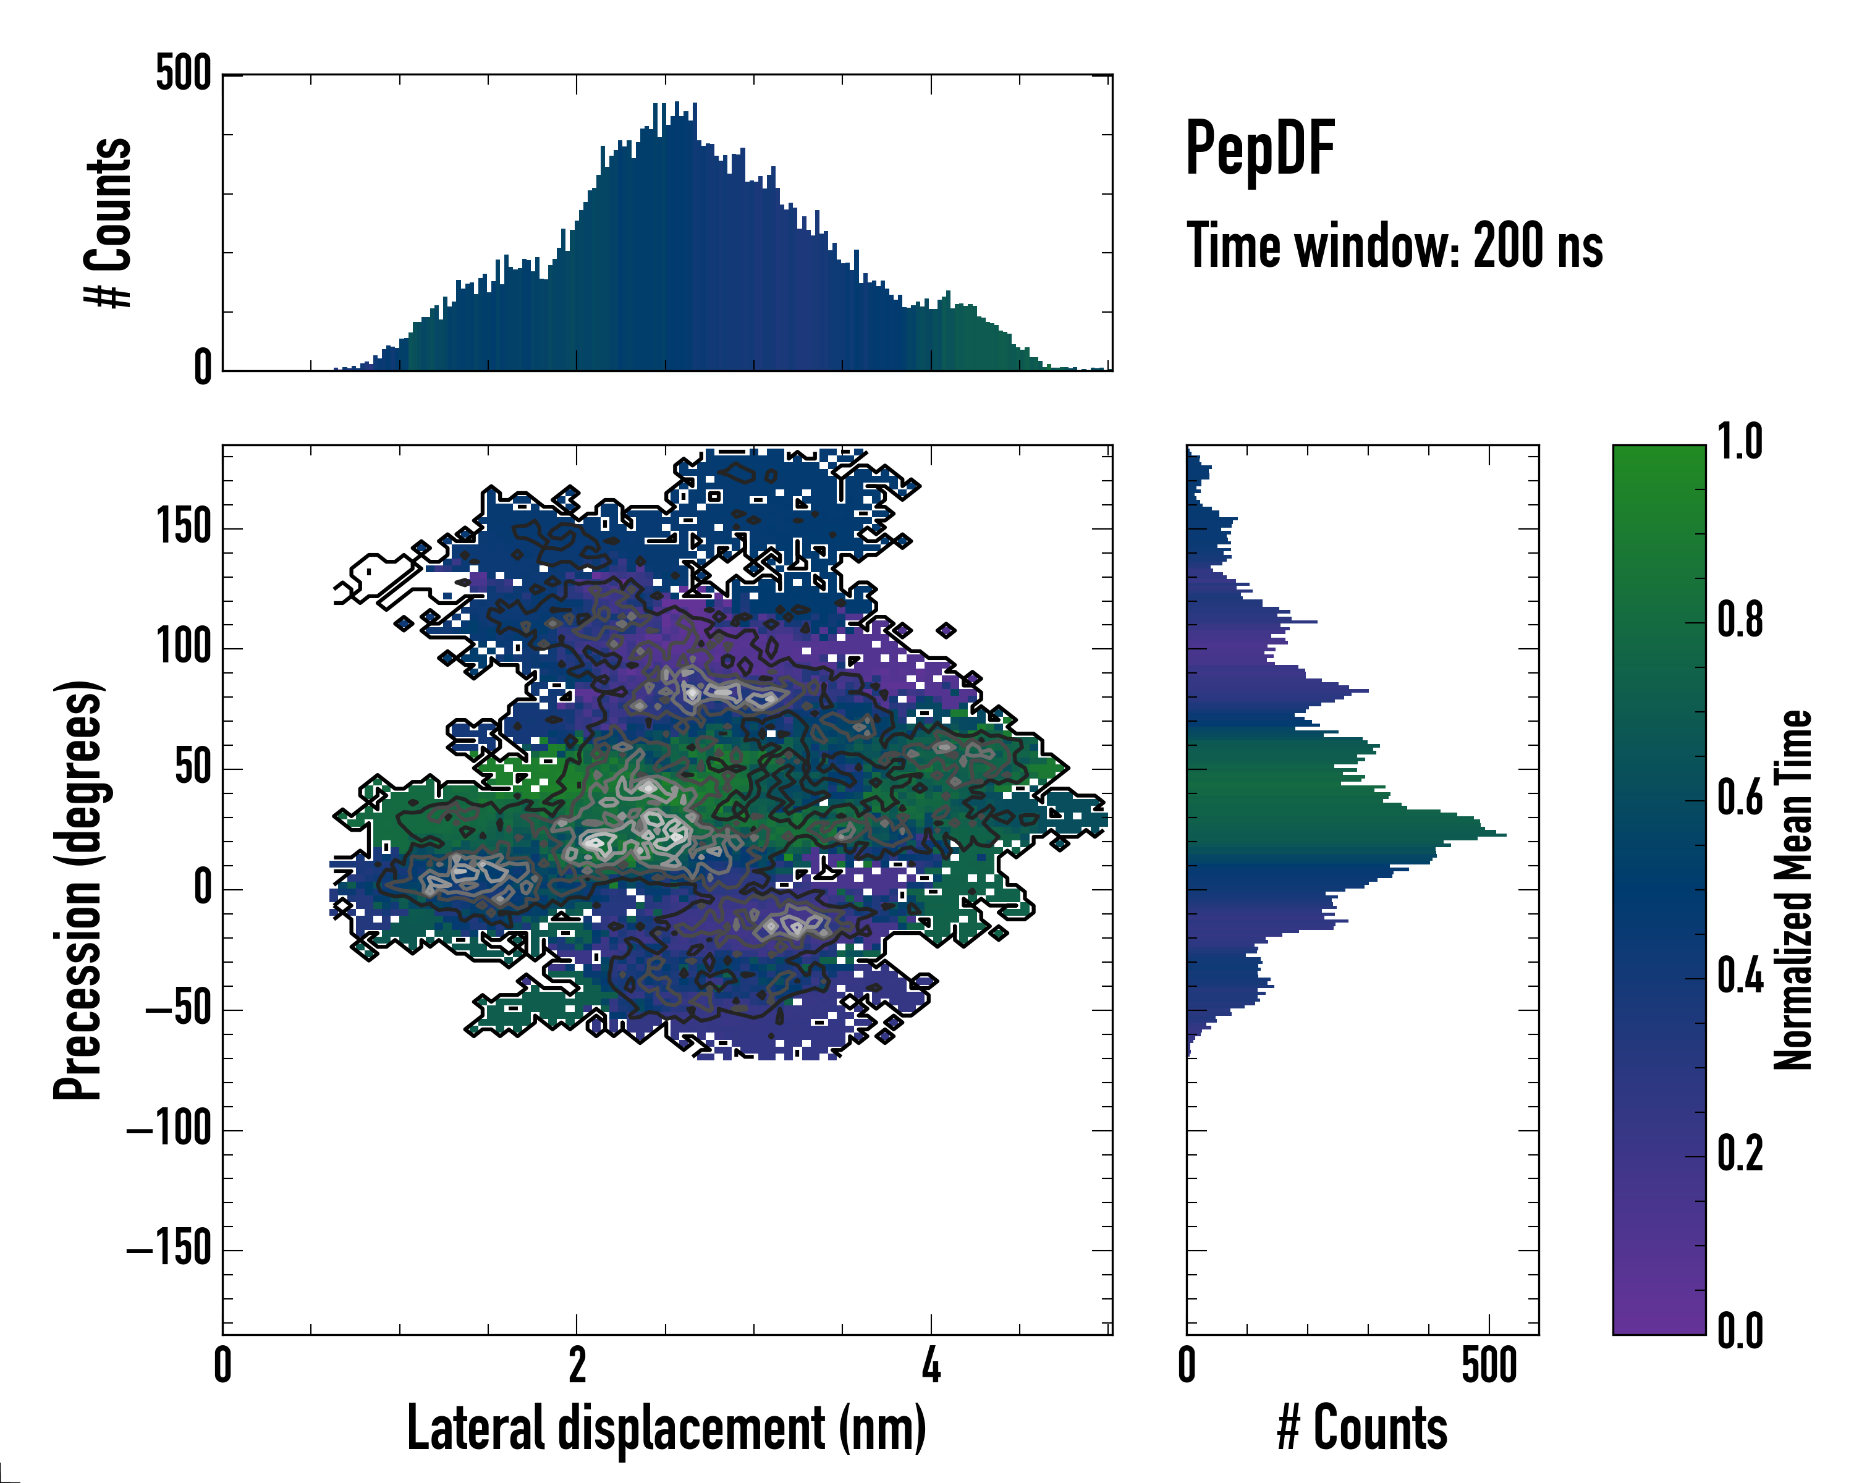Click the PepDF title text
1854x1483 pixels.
[x=1259, y=149]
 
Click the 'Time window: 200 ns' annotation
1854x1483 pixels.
[x=1394, y=246]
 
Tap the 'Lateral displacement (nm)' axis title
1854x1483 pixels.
[x=666, y=1428]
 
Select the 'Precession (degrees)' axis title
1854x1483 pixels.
[x=79, y=890]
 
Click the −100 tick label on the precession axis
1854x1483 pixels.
[x=169, y=1130]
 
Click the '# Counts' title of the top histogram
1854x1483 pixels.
[x=108, y=222]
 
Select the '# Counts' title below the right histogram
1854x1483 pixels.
[x=1362, y=1428]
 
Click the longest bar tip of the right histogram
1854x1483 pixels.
[x=1504, y=834]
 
